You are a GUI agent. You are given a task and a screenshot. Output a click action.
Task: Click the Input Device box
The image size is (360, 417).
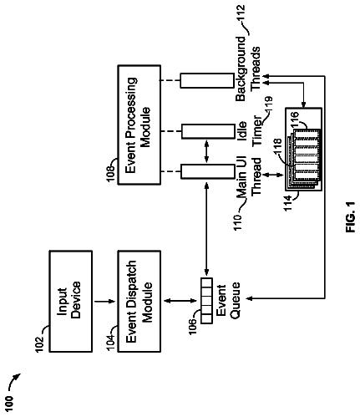[71, 301]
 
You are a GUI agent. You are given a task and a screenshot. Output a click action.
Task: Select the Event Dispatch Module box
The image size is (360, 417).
[139, 301]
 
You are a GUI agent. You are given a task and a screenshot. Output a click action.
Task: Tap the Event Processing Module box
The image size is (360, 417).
[139, 125]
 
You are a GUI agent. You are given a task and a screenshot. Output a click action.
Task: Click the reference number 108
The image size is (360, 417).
[110, 173]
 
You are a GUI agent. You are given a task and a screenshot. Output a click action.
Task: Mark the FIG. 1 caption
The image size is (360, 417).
[351, 217]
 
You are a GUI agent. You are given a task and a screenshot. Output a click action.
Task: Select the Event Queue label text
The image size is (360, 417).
[228, 300]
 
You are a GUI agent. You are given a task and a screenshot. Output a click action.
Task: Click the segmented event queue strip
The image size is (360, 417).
[206, 301]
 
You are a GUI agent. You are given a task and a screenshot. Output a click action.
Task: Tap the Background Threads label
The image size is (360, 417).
[248, 69]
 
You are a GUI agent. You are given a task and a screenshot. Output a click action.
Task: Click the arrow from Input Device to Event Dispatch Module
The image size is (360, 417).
[104, 301]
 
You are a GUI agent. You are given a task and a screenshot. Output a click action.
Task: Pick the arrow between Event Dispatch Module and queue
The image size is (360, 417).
[180, 301]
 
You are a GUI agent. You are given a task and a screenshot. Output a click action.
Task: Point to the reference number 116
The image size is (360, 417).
[295, 119]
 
